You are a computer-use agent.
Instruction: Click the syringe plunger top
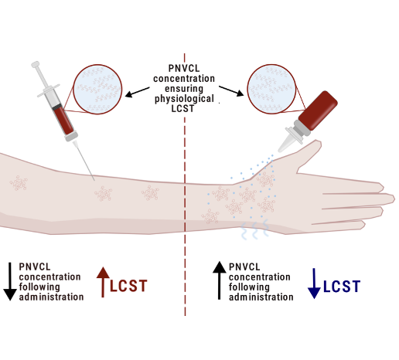pos(36,64)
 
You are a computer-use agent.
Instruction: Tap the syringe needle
pos(84,161)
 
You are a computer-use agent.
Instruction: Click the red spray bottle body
pos(319,110)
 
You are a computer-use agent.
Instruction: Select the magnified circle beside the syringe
pos(97,89)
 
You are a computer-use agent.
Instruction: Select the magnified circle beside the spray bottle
pos(271,89)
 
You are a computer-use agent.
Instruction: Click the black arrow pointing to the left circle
pos(137,92)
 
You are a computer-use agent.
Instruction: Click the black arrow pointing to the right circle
pos(231,91)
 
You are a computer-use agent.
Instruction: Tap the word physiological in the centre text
pos(184,99)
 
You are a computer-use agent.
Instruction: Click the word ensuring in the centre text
pos(184,89)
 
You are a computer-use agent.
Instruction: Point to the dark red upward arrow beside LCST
pos(103,282)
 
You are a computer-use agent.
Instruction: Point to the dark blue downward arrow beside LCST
pos(314,284)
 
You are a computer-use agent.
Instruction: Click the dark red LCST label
pos(128,286)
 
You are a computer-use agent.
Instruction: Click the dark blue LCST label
pos(342,287)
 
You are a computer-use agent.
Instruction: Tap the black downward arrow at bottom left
pos(10,281)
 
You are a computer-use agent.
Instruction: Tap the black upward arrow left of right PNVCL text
pos(220,280)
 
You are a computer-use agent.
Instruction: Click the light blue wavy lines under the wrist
pos(254,229)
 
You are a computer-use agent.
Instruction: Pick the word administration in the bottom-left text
pos(51,297)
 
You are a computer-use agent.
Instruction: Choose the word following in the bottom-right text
pos(249,287)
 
